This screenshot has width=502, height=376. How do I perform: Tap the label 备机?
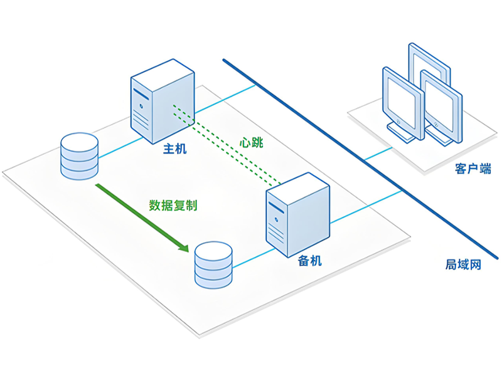pyautogui.click(x=309, y=261)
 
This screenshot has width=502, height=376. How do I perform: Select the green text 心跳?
pyautogui.click(x=251, y=142)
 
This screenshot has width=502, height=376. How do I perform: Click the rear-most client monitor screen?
pyautogui.click(x=429, y=66)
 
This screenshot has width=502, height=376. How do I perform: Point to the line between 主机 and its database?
pyautogui.click(x=115, y=148)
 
